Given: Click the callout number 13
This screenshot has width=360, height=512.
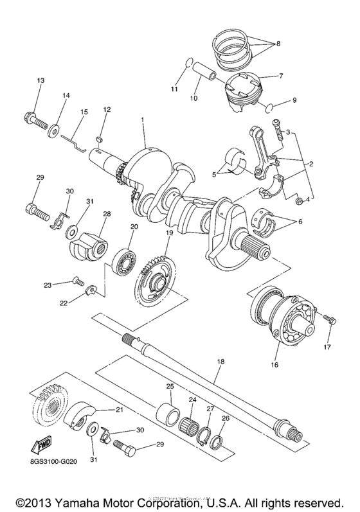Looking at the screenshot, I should tap(40, 80).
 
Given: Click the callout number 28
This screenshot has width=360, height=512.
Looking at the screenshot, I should tap(106, 213).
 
